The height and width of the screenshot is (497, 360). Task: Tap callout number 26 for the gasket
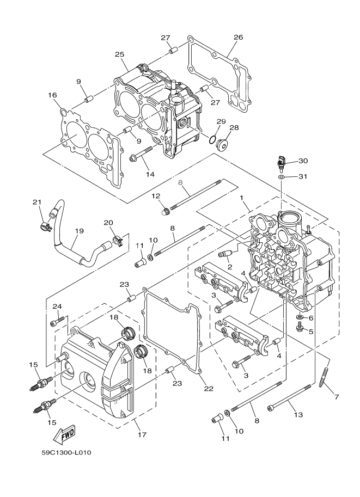pos(238,38)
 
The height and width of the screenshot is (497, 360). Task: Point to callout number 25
pos(120,54)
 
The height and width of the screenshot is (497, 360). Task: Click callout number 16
pos(52,95)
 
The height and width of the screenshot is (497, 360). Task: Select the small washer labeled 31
pos(280,177)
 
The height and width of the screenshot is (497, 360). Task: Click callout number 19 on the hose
pos(79,231)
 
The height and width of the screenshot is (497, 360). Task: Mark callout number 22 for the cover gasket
pos(209,389)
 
